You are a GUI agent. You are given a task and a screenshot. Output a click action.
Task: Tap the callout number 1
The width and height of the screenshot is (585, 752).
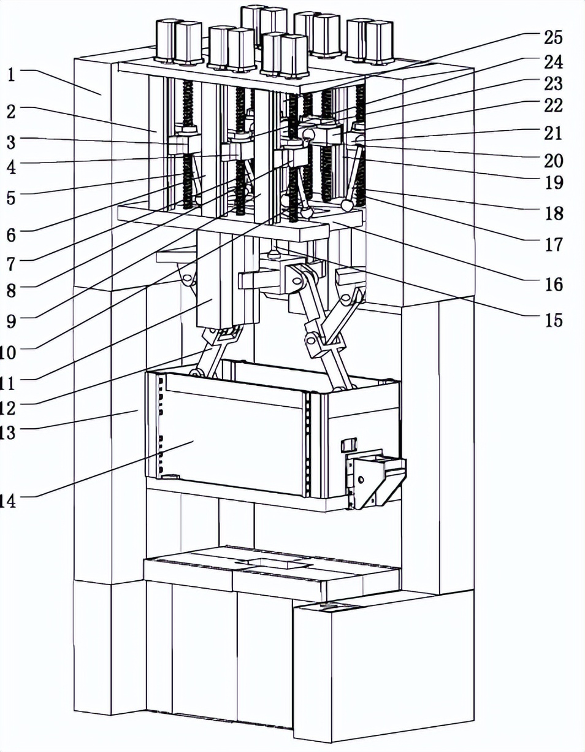click(11, 75)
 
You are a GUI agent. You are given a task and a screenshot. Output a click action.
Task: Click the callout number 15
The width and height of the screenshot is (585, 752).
click(553, 320)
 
